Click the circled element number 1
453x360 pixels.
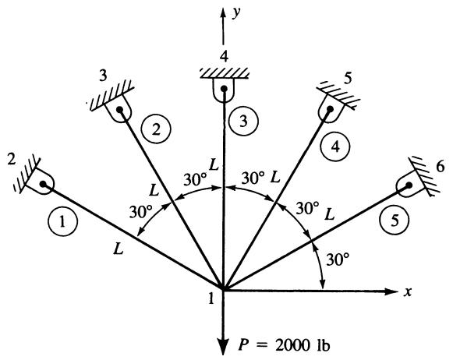tap(63, 222)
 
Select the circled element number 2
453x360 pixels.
tap(156, 129)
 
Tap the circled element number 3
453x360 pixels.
tap(243, 122)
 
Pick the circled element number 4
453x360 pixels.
tap(335, 147)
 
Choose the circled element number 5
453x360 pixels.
tap(395, 220)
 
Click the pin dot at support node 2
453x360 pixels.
tap(44, 184)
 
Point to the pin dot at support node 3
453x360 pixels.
tap(119, 109)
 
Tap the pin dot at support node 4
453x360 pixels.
tap(224, 89)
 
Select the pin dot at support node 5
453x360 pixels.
tap(330, 109)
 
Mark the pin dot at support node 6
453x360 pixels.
tap(409, 185)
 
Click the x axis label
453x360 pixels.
tap(407, 292)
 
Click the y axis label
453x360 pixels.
tap(237, 13)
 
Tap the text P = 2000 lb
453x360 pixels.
tap(284, 345)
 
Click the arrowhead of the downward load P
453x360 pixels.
tap(223, 347)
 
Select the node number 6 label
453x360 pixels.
tap(440, 168)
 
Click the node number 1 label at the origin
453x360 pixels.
tap(211, 298)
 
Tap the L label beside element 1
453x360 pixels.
tap(119, 249)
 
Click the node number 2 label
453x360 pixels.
tap(11, 160)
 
